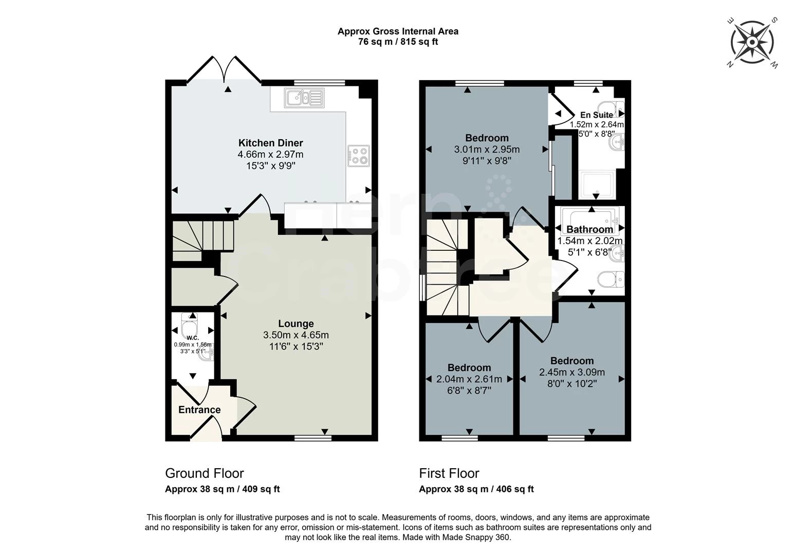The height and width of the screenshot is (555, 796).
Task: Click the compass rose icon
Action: pos(752,43)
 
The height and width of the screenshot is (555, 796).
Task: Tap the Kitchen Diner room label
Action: pos(270,143)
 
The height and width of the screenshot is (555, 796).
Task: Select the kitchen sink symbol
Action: pos(304,97)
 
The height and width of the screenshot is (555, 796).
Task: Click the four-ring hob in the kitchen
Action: pos(358,156)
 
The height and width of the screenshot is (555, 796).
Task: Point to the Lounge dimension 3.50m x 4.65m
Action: pos(295,335)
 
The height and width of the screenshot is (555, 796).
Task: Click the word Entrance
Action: pos(199,410)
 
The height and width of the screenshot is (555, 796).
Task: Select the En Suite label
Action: pos(596,115)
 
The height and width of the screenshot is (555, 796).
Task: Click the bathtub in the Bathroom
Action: pos(591,219)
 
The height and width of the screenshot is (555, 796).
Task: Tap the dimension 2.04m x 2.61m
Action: pos(469,379)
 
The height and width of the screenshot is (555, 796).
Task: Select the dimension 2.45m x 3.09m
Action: pos(571,372)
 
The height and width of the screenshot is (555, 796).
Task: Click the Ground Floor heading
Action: pos(204,473)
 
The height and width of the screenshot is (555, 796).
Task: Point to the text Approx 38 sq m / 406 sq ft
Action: pos(476,489)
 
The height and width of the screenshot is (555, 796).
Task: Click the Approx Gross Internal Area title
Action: pos(398,31)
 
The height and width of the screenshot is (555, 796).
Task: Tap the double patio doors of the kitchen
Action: pos(225,70)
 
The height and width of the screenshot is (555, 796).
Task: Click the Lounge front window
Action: pos(313,438)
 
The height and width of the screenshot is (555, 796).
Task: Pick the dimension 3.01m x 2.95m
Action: pos(487,150)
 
